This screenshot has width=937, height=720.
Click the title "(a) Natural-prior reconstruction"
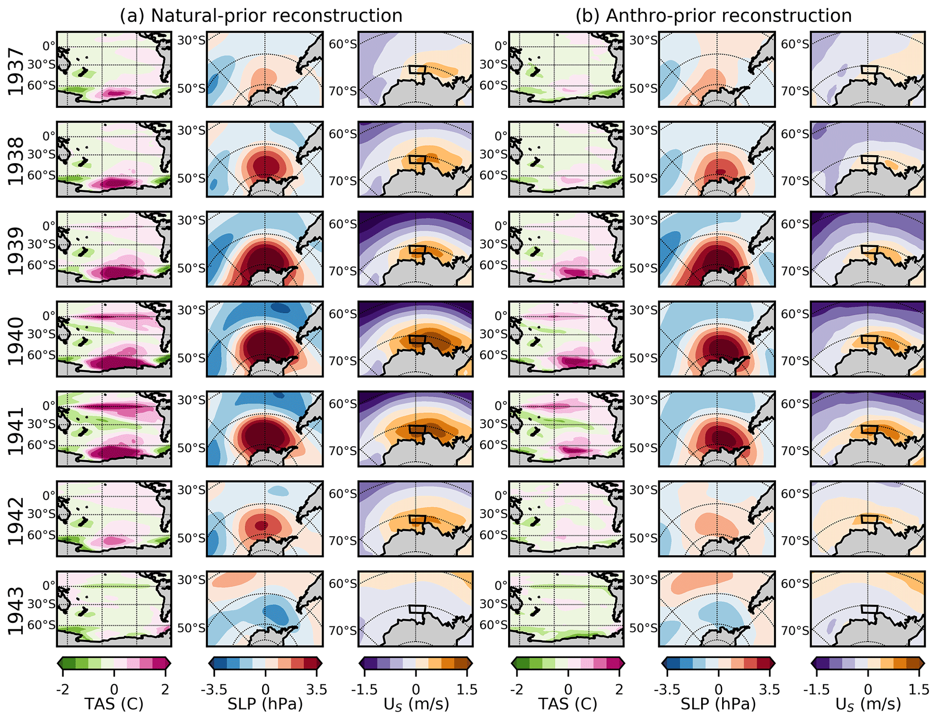[261, 16]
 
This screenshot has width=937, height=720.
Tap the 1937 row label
[16, 72]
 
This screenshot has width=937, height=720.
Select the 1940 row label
[16, 341]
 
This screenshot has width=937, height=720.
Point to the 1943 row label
[16, 611]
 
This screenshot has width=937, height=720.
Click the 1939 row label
[16, 252]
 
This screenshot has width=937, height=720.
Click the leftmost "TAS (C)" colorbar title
[114, 704]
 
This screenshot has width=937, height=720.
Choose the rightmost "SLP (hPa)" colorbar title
[718, 704]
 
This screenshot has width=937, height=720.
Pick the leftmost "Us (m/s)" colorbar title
[416, 704]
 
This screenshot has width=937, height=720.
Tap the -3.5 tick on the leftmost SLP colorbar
[214, 690]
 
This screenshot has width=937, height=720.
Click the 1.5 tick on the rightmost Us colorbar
[919, 690]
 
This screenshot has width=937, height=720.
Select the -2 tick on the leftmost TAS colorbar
[63, 690]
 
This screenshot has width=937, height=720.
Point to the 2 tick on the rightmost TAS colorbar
[619, 690]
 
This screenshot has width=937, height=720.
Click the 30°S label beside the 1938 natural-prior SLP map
[191, 131]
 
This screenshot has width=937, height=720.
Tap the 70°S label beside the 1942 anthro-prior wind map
[795, 540]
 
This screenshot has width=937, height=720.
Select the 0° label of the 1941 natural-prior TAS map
[49, 405]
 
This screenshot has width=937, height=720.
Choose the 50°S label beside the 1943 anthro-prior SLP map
[643, 628]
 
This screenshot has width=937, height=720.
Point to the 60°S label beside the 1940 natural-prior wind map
[342, 314]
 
